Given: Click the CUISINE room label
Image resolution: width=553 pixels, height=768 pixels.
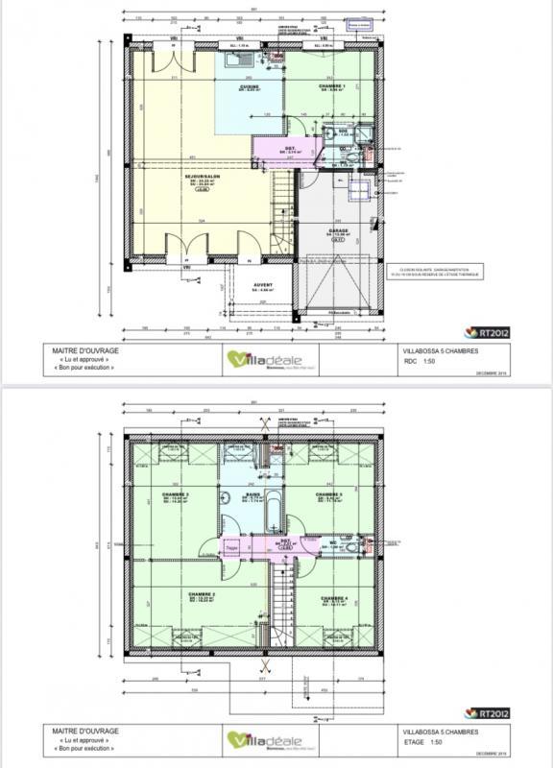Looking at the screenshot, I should point(253,87).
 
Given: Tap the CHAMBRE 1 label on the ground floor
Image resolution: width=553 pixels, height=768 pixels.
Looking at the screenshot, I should point(332,87).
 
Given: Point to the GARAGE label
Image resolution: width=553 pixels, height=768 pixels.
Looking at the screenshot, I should point(339,231).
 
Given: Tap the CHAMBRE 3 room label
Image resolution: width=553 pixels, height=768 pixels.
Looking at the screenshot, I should point(175,496).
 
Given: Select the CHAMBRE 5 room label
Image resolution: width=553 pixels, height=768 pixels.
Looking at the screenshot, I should point(331,496).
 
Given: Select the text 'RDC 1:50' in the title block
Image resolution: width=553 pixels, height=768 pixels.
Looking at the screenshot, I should point(421,364).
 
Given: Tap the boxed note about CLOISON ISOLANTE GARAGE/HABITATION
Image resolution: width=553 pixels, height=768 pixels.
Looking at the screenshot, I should point(439,273).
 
